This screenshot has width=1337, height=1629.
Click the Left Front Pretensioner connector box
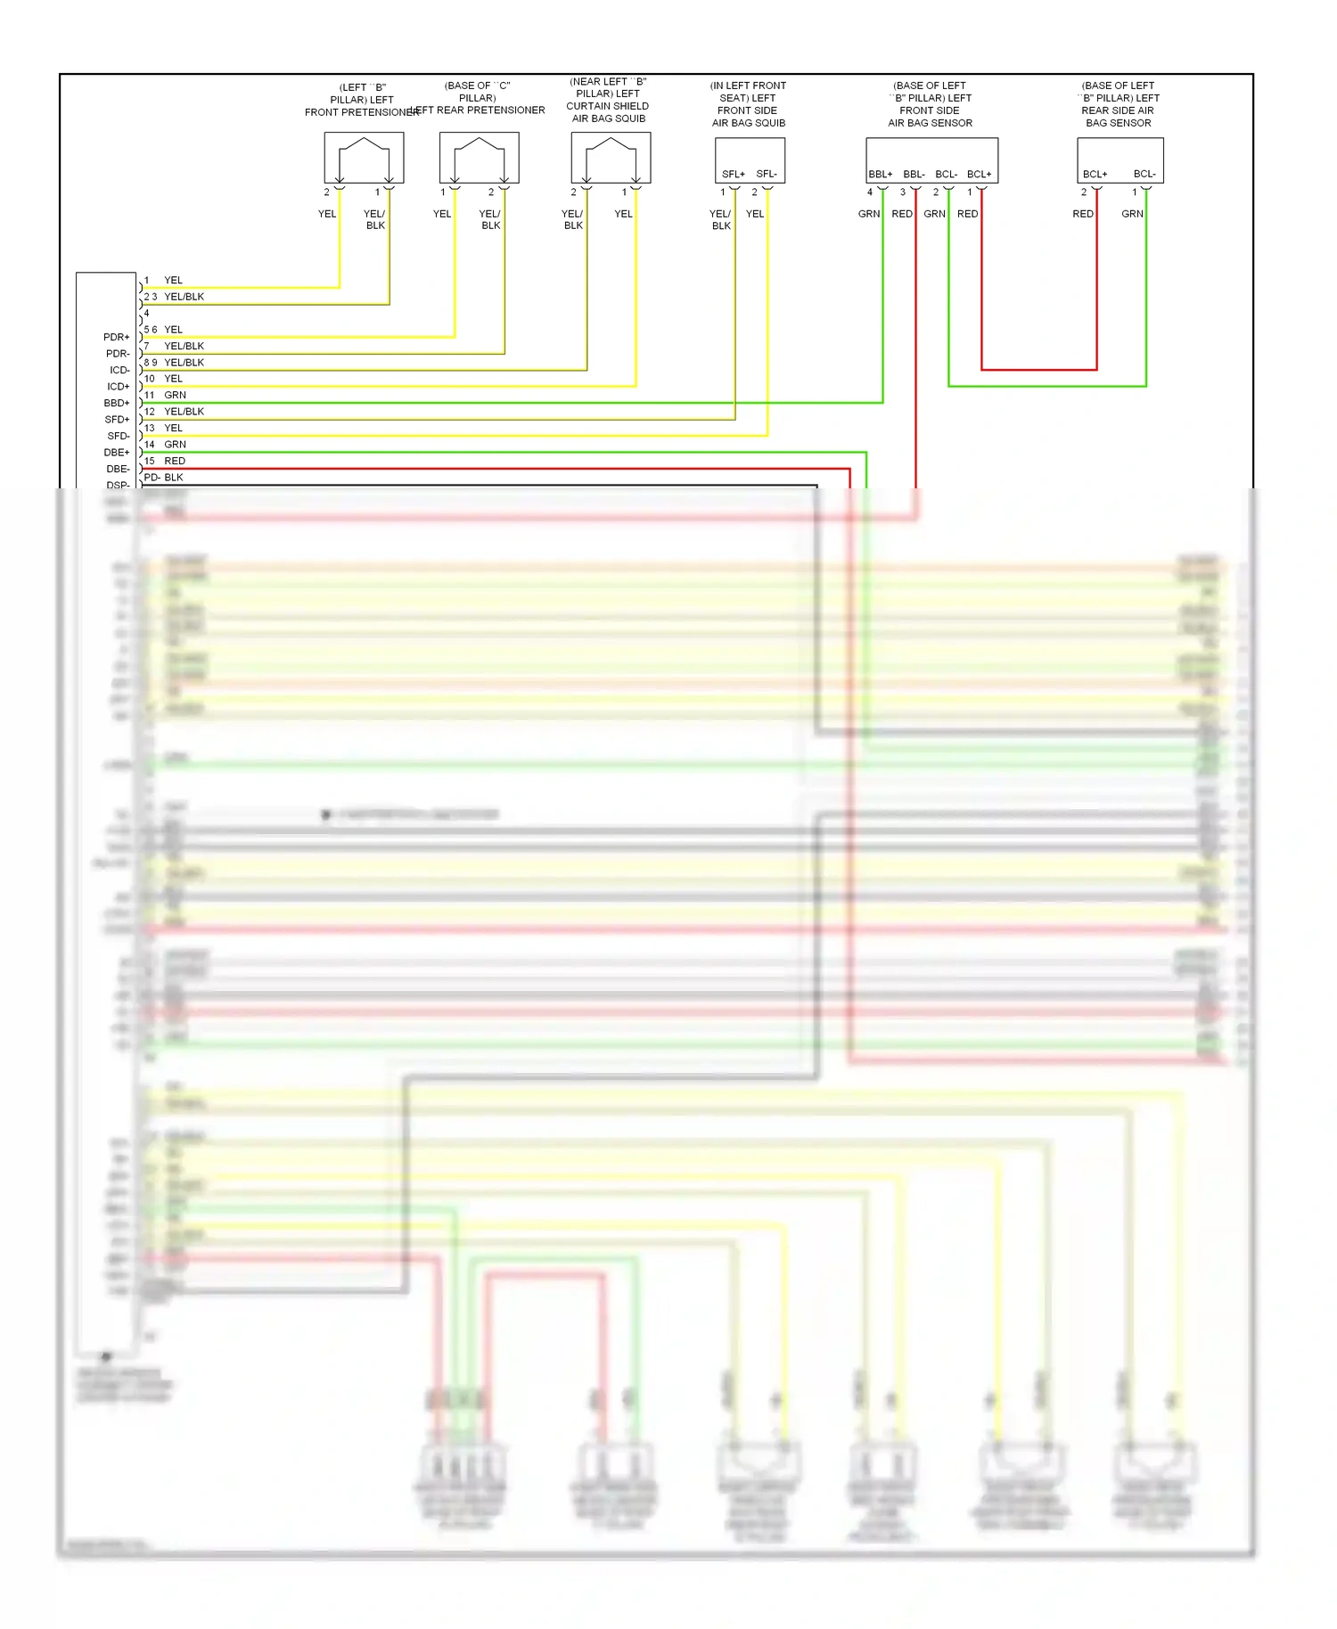click(364, 158)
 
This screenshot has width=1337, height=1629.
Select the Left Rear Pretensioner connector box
click(479, 158)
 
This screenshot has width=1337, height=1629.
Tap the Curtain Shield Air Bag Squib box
click(611, 158)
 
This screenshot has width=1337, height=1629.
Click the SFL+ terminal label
click(733, 174)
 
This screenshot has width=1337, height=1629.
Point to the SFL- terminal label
click(767, 174)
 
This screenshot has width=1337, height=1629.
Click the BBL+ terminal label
click(880, 174)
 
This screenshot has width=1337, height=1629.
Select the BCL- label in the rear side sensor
click(1144, 174)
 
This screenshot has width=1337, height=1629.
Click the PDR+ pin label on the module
click(116, 337)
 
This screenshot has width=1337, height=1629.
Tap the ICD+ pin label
click(118, 387)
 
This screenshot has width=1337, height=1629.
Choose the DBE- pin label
click(118, 469)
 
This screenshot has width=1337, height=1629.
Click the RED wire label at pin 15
click(175, 461)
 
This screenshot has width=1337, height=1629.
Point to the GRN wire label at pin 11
click(175, 395)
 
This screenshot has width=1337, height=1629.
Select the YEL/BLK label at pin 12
click(184, 411)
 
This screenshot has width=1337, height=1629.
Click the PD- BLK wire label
click(164, 477)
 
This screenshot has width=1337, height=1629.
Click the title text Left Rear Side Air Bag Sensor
click(1118, 104)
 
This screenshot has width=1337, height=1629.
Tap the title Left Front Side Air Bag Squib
click(748, 104)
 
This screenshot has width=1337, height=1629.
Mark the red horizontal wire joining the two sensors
click(1038, 369)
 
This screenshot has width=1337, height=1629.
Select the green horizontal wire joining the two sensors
click(1047, 386)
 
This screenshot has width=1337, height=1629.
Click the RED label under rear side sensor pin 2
click(1082, 214)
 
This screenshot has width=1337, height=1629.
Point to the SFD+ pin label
click(117, 420)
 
